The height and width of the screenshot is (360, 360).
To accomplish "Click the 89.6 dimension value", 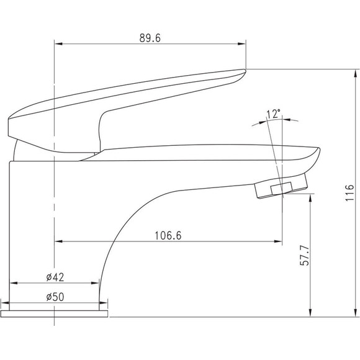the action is pos(150,38).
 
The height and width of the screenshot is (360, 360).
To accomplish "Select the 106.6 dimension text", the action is pos(168,236).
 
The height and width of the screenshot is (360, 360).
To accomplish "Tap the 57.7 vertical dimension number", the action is pos(305,255).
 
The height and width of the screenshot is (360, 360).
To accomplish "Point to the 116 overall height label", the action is pos(349,192).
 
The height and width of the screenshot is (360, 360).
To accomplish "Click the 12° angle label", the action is pos(274,114).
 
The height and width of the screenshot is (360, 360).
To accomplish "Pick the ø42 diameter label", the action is pos(55,277).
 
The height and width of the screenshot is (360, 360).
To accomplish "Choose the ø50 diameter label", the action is pos(55,297).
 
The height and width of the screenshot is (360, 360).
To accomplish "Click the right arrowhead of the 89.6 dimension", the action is pos(242,44).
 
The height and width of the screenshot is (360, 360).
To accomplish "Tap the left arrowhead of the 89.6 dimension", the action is pos(58,44).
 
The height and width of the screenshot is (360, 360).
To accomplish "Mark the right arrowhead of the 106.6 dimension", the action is pos(278,241).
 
